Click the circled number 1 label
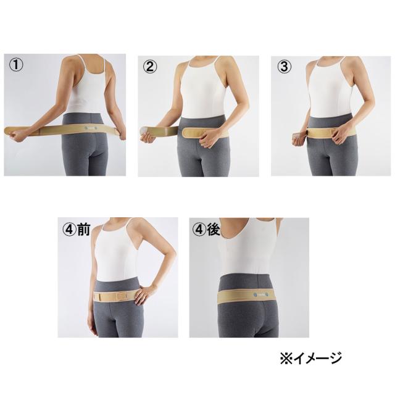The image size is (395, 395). (x=15, y=65)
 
